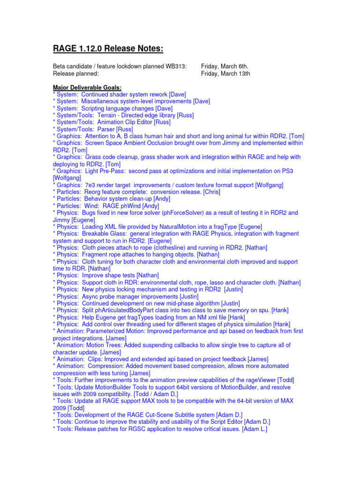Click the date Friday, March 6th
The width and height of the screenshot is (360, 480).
[x=225, y=66]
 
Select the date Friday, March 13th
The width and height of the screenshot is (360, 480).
[x=225, y=73]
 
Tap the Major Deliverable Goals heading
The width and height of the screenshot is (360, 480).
[x=87, y=87]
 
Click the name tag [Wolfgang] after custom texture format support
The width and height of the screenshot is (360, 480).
[x=269, y=185]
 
